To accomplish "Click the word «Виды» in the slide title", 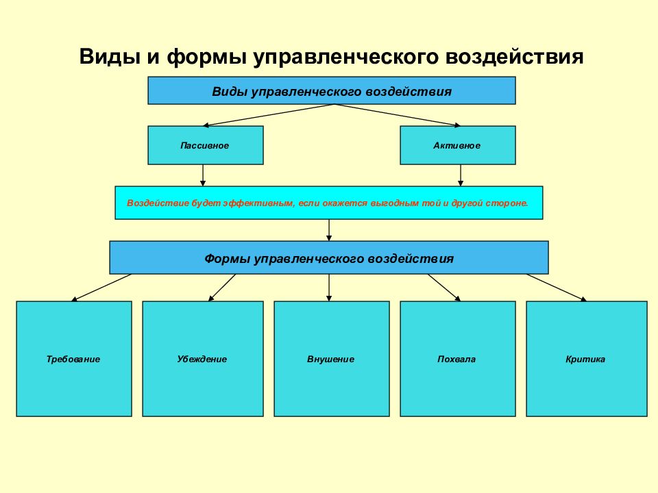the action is [x=110, y=57].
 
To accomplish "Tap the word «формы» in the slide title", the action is [x=206, y=57].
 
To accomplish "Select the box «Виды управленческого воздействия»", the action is [x=332, y=90].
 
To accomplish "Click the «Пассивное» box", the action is [x=206, y=145].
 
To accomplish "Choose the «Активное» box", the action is [x=458, y=145].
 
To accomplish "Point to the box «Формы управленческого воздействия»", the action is [x=329, y=258].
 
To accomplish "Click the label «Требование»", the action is [x=73, y=359].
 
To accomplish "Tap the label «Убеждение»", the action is [x=202, y=359].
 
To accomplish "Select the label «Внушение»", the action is [x=330, y=359].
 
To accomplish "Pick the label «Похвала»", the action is [x=456, y=359].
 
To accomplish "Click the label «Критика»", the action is [x=585, y=359].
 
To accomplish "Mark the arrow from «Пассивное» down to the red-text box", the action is [x=203, y=175].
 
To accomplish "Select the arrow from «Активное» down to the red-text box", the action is [x=461, y=175].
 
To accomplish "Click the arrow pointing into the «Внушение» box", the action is [x=329, y=288].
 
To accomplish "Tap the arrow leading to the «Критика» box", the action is [x=557, y=288].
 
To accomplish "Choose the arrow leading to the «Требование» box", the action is [x=101, y=288].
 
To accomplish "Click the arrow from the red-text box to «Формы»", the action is [x=329, y=230].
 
